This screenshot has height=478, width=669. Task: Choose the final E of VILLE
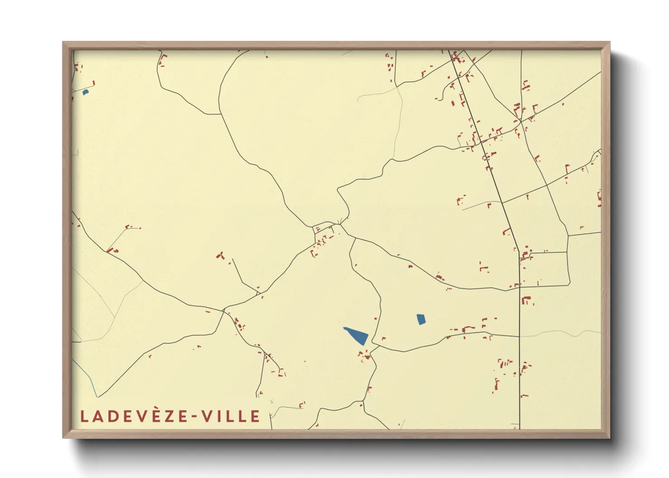256,416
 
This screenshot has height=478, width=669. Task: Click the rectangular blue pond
421,319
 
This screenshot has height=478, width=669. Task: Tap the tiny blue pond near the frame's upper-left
85,93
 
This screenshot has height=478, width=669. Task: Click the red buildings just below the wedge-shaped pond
365,356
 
